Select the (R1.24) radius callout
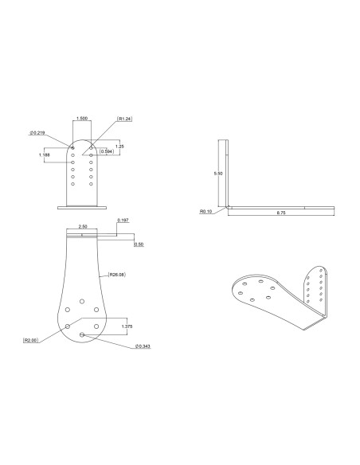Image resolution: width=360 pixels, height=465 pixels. [x=123, y=119]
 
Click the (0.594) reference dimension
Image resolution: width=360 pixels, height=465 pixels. [x=106, y=150]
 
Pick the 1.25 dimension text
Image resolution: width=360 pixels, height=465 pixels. [x=119, y=146]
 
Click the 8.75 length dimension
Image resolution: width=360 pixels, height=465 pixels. [x=281, y=214]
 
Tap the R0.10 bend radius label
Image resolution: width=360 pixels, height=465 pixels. [x=207, y=212]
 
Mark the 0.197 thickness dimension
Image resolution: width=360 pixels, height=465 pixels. [x=123, y=220]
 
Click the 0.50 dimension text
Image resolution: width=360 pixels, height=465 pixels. [x=139, y=244]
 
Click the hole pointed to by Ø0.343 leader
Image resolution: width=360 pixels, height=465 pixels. [x=82, y=335]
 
